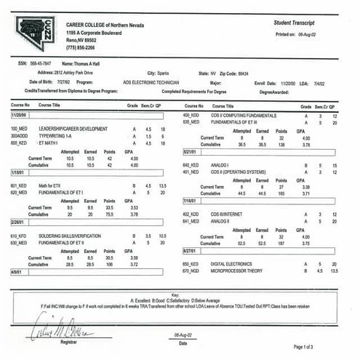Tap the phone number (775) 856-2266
[x=81, y=47]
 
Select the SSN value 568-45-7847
[x=46, y=63]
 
